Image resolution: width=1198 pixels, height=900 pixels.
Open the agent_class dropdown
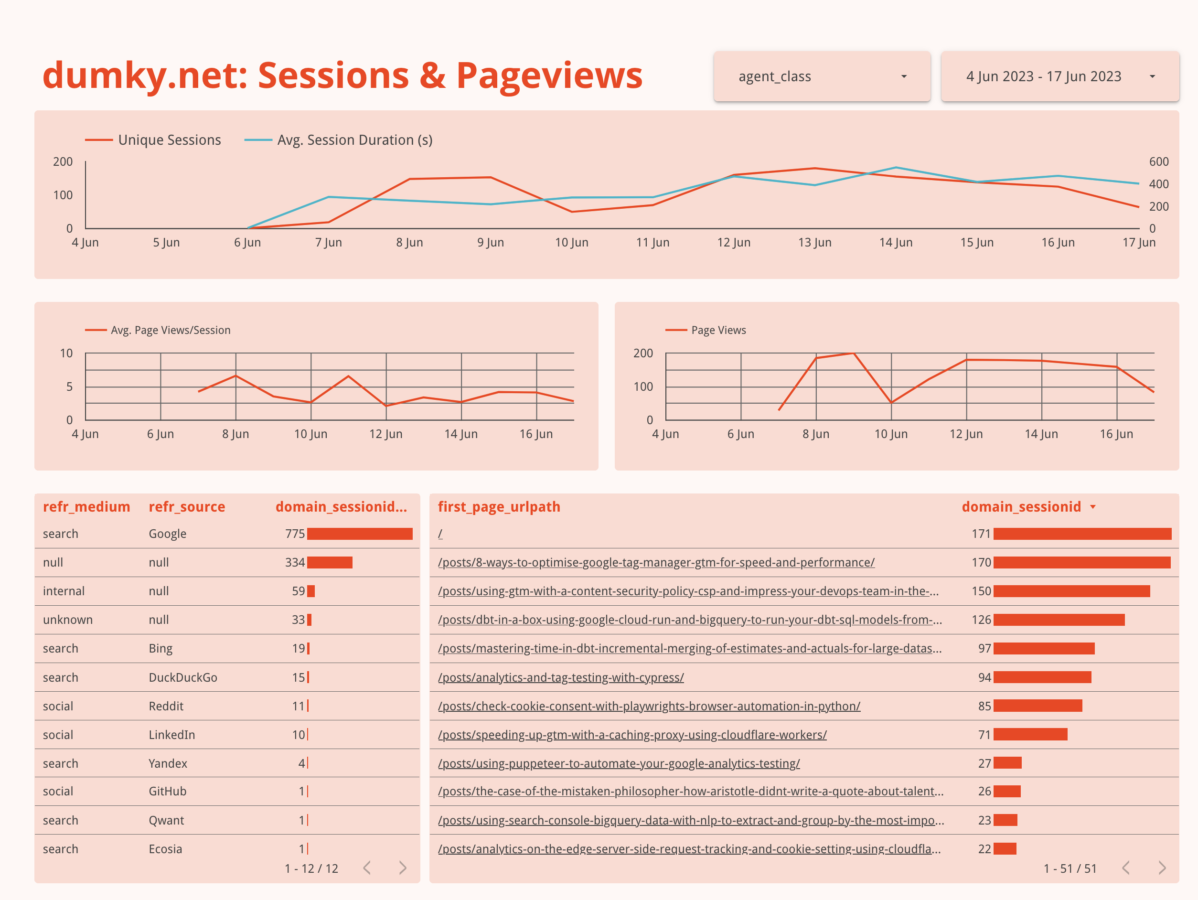pyautogui.click(x=821, y=76)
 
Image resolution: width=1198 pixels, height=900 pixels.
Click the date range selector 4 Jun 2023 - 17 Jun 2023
pyautogui.click(x=1059, y=76)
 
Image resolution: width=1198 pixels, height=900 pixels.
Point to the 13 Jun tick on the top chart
pyautogui.click(x=814, y=243)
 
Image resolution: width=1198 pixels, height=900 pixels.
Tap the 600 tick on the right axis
pyautogui.click(x=1158, y=161)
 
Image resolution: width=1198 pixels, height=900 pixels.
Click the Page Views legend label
pyautogui.click(x=718, y=330)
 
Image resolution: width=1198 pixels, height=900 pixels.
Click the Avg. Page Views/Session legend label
pyautogui.click(x=171, y=330)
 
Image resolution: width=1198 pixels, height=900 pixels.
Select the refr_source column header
pyautogui.click(x=187, y=507)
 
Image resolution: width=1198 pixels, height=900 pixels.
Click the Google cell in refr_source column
pyautogui.click(x=167, y=534)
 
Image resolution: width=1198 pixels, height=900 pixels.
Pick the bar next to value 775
pyautogui.click(x=360, y=534)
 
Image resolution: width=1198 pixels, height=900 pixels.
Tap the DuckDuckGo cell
pyautogui.click(x=183, y=677)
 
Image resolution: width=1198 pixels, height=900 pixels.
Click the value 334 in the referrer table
pyautogui.click(x=295, y=563)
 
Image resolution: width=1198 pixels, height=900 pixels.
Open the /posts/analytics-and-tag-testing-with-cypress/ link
pyautogui.click(x=560, y=677)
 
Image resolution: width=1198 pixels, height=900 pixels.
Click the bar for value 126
pyautogui.click(x=1059, y=620)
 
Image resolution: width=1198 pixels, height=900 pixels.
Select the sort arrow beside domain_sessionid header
pyautogui.click(x=1093, y=507)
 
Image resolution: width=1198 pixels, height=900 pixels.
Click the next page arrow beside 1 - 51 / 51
pyautogui.click(x=1162, y=868)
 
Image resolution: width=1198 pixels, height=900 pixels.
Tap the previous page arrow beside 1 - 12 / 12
pyautogui.click(x=367, y=868)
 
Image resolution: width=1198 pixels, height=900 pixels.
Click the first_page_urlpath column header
pyautogui.click(x=499, y=507)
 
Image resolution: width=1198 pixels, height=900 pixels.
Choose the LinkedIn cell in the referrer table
pyautogui.click(x=171, y=735)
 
